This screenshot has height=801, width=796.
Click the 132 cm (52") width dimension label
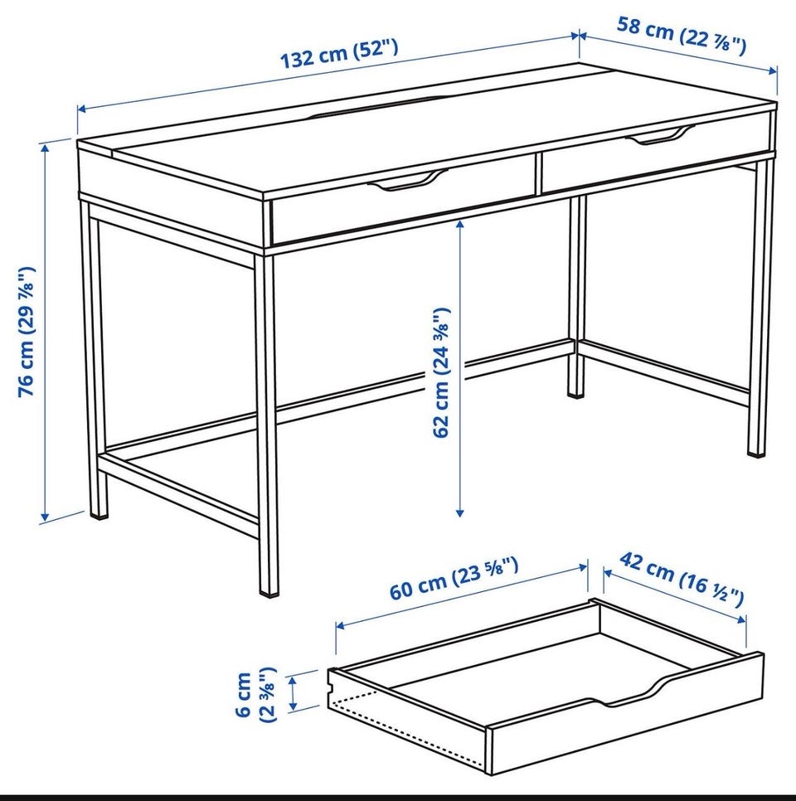pos(339,52)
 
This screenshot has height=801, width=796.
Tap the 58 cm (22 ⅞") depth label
pos(682,35)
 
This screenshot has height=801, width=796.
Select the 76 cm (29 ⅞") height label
pos(27,332)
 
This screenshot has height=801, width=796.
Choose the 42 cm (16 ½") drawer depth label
pos(682,580)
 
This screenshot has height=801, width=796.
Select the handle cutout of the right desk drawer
pos(660,135)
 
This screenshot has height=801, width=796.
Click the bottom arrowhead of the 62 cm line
pos(460,512)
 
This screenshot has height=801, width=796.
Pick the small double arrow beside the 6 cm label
pos(294,693)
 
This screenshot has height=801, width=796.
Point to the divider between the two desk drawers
pos(538,172)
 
